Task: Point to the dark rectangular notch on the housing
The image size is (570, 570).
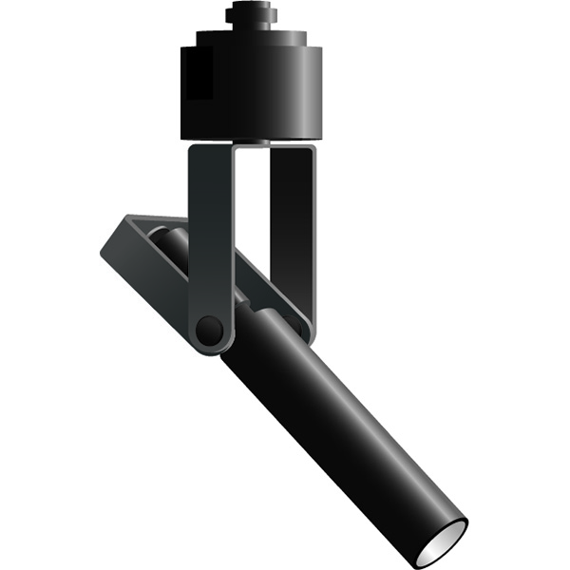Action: point(199,75)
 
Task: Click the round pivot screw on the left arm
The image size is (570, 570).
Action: point(208,331)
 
